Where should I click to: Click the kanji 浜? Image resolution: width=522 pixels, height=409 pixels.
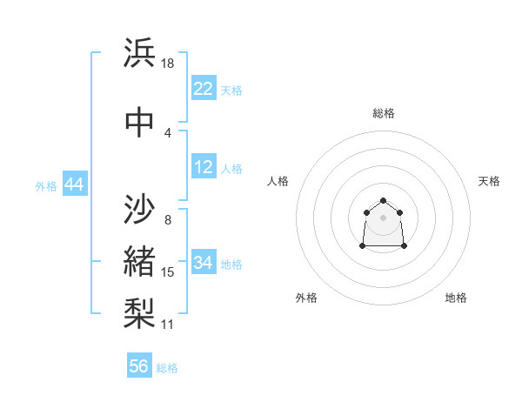click(140, 53)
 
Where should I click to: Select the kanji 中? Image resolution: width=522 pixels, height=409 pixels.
click(140, 123)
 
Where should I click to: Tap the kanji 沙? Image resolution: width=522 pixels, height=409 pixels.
click(140, 210)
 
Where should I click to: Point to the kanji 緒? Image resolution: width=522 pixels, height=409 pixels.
click(140, 261)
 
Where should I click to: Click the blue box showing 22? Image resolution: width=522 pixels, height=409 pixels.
click(203, 89)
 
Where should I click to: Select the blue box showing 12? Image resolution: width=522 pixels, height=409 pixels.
click(203, 167)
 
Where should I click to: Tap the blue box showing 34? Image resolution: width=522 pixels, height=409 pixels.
click(203, 263)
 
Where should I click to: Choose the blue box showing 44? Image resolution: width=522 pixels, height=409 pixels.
click(74, 184)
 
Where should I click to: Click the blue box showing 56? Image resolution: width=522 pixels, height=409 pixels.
click(139, 366)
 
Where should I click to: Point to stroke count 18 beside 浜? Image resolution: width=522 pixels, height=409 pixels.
click(169, 64)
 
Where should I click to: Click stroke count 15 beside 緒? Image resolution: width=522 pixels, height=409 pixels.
click(168, 272)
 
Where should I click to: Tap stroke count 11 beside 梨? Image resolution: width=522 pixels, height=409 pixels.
click(168, 325)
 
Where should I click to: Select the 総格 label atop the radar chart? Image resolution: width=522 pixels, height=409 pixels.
click(383, 113)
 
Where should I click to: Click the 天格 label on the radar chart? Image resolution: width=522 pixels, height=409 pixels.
click(489, 181)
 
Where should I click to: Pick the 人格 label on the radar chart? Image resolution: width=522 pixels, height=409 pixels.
click(278, 181)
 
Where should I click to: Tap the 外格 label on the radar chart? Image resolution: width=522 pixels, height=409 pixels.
click(306, 298)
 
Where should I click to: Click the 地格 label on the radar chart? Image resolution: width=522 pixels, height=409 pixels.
click(456, 298)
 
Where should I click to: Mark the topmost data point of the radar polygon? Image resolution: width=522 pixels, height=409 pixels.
click(383, 201)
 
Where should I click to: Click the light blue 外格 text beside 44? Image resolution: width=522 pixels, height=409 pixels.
click(46, 185)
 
